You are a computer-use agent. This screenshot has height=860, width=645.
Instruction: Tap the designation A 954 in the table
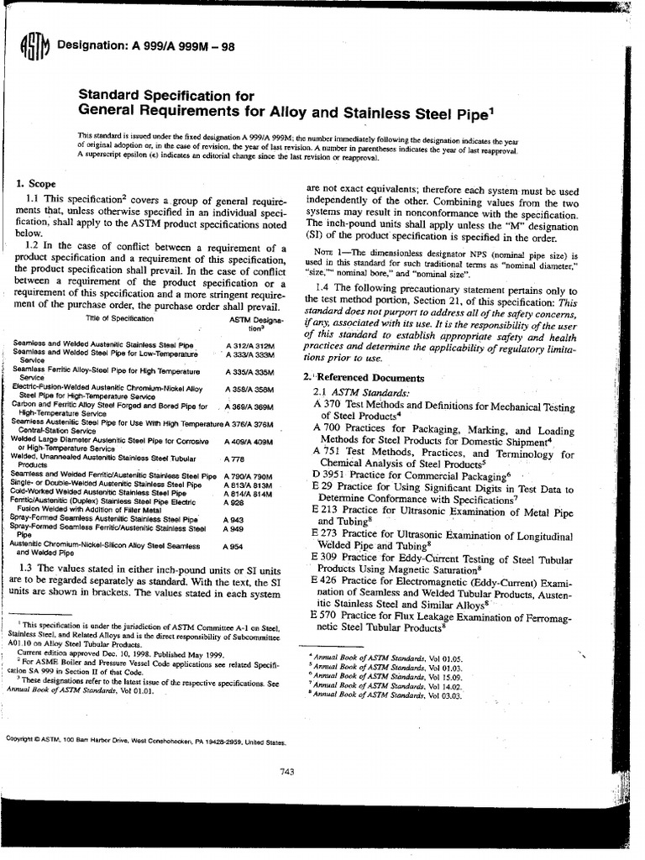236,546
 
